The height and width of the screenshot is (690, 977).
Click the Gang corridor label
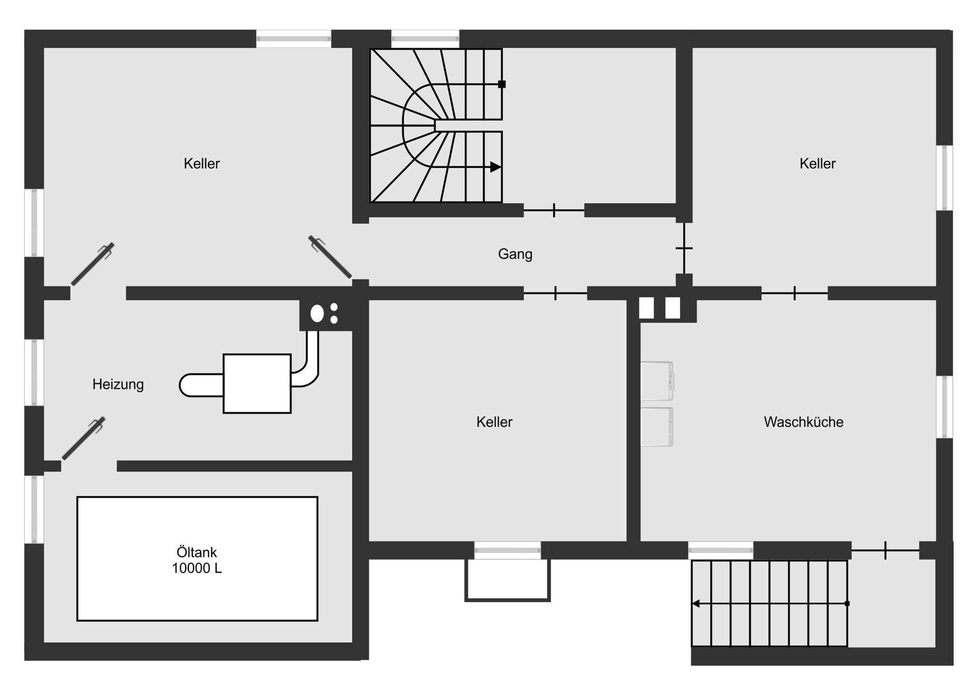click(515, 254)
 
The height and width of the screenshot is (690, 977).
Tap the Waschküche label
click(803, 422)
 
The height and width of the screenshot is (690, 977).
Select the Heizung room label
click(118, 384)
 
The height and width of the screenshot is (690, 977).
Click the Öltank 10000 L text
click(197, 560)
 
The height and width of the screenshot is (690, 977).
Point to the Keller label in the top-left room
click(202, 164)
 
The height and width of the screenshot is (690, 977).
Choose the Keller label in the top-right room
click(817, 164)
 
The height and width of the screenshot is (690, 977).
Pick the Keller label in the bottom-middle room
click(494, 422)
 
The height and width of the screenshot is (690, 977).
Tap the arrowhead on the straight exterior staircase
click(696, 604)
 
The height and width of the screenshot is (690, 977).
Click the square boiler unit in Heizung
click(257, 383)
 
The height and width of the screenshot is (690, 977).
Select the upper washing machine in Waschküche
click(657, 381)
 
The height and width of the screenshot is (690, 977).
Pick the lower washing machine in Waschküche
click(657, 427)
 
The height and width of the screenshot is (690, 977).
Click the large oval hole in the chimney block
click(317, 313)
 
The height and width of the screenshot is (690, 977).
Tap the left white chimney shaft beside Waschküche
click(646, 308)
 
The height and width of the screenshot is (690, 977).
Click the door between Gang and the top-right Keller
click(684, 248)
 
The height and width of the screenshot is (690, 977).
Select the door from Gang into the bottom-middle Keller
click(555, 293)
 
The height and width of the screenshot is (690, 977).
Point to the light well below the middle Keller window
click(507, 580)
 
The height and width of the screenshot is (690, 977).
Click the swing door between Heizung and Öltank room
click(83, 438)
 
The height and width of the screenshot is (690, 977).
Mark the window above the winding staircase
click(425, 38)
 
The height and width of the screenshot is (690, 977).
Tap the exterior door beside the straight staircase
click(885, 550)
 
